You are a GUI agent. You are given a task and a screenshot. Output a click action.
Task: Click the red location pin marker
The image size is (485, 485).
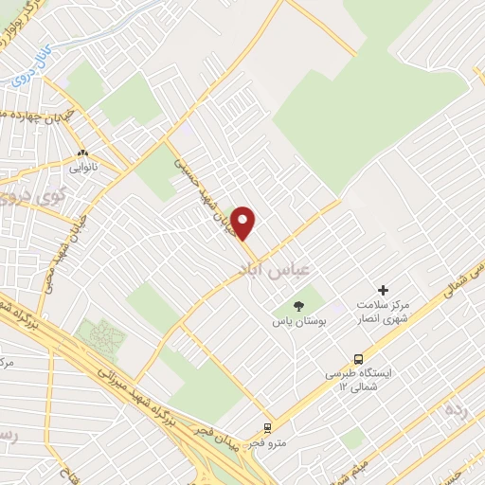[x=243, y=223]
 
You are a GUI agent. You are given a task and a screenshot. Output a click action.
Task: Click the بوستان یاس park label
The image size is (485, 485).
[x=299, y=322]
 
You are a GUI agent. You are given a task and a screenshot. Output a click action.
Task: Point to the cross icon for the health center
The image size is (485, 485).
[x=384, y=290]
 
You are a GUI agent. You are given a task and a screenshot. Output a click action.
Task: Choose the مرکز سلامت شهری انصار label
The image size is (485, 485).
[x=384, y=314]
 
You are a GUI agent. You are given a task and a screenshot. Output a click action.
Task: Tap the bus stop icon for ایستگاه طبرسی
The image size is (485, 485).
[x=359, y=359]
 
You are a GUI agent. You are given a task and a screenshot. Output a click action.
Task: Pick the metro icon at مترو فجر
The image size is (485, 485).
[x=268, y=427]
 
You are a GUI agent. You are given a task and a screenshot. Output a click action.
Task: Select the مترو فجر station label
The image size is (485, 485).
[x=266, y=442]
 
